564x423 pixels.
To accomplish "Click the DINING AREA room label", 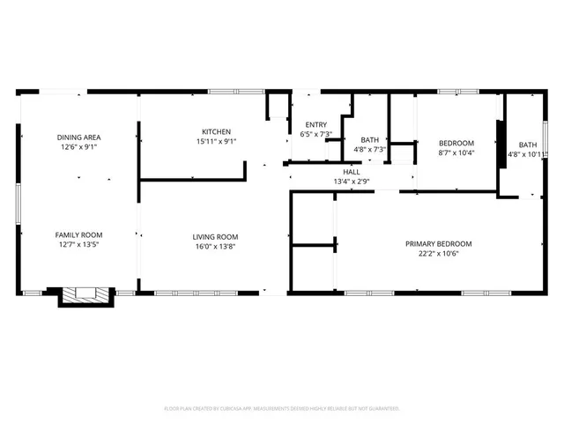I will pyautogui.click(x=79, y=137).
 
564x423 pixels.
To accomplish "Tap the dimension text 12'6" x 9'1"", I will pyautogui.click(x=79, y=147).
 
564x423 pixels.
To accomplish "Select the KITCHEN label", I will pyautogui.click(x=216, y=131).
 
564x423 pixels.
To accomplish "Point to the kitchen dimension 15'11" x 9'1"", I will pyautogui.click(x=216, y=141).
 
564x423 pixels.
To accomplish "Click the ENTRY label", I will pyautogui.click(x=316, y=124).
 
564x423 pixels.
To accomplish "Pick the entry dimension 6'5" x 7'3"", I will pyautogui.click(x=316, y=135).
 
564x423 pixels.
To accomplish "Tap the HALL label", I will pyautogui.click(x=351, y=172).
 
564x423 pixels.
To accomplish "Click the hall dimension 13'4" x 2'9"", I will pyautogui.click(x=351, y=182).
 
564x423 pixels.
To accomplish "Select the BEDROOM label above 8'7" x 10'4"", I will pyautogui.click(x=456, y=143).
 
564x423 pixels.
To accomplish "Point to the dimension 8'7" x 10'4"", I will pyautogui.click(x=456, y=153).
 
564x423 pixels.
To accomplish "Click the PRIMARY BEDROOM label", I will pyautogui.click(x=438, y=244).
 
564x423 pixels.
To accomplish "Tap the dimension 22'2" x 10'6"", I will pyautogui.click(x=438, y=254).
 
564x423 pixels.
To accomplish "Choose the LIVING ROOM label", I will pyautogui.click(x=216, y=236).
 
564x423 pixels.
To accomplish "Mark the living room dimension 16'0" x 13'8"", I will pyautogui.click(x=216, y=247).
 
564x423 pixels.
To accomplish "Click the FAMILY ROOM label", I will pyautogui.click(x=79, y=234).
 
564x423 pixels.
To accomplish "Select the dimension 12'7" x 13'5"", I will pyautogui.click(x=79, y=246).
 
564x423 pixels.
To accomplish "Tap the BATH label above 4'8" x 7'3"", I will pyautogui.click(x=370, y=139).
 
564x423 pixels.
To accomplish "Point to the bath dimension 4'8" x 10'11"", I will pyautogui.click(x=527, y=155).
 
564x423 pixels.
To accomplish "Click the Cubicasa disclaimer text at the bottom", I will pyautogui.click(x=282, y=409).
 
